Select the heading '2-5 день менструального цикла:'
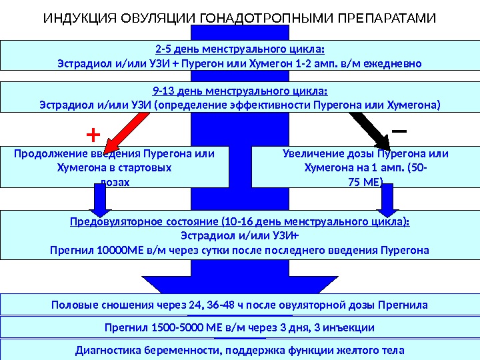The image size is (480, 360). tap(240, 48)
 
